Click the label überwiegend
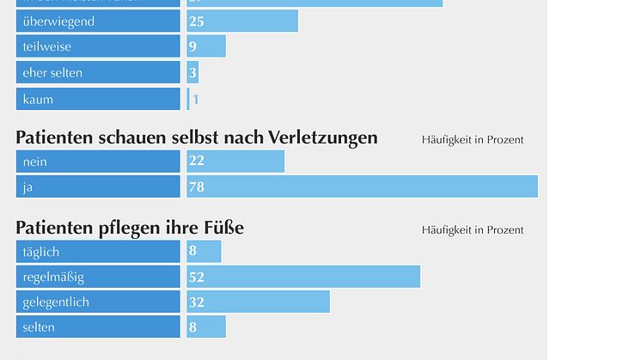pos(58,21)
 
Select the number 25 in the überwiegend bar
pos(197,21)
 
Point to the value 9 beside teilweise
pos(193,46)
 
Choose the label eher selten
pos(52,73)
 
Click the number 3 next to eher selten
pos(193,73)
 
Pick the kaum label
pos(38,99)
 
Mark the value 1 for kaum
pos(196,100)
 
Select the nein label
pos(35,161)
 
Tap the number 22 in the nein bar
pos(197,161)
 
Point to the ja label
pos(28,186)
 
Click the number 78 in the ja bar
pos(197,186)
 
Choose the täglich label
pos(41,252)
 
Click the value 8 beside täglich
pos(193,252)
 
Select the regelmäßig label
pos(53,277)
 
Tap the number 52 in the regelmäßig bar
pos(197,278)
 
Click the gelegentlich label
pos(56,302)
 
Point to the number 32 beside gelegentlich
pos(197,302)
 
